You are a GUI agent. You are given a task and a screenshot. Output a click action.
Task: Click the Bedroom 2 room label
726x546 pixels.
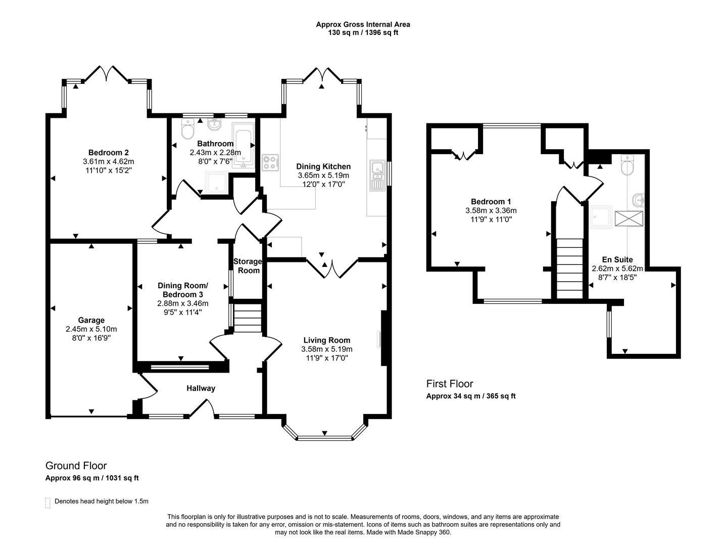[108, 153]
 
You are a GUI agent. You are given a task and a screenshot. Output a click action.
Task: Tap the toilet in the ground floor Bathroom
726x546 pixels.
[187, 131]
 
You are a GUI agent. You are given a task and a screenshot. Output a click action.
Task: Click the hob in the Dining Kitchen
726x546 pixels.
[270, 162]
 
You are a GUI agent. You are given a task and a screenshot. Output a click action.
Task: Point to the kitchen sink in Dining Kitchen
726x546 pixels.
[377, 176]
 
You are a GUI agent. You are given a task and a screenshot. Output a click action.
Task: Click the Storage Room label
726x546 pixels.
[248, 266]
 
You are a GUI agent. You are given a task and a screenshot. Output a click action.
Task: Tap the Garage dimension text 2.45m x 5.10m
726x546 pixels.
[91, 329]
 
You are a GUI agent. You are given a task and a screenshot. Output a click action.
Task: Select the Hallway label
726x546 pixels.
[201, 388]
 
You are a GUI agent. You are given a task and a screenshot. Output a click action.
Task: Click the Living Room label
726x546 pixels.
[326, 340]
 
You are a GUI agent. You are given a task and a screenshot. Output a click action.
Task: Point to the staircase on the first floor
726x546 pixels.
[570, 268]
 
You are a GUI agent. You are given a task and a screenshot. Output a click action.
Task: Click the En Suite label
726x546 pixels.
[617, 260]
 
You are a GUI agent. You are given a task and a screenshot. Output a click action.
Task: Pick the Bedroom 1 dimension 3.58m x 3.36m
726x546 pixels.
[491, 211]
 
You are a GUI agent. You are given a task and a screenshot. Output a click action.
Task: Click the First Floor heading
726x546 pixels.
[450, 384]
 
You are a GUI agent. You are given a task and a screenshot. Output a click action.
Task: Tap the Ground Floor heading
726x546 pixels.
[76, 466]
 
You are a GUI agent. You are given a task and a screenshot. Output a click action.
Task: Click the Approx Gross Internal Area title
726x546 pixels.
[363, 24]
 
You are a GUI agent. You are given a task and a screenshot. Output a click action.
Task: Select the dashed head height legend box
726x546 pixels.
[48, 502]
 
